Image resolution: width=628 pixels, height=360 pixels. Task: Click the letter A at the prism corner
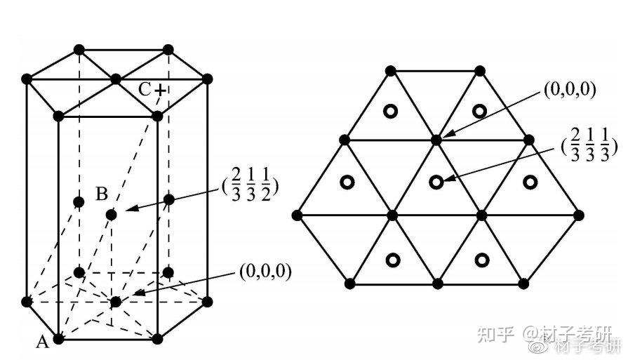42,342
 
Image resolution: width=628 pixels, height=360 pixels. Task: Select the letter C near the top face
145,89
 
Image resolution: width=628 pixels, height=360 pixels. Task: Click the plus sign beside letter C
161,90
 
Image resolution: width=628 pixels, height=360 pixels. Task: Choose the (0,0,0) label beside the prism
265,269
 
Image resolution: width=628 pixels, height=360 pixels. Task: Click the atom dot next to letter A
59,339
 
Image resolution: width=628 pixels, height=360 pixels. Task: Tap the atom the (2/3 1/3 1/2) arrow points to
111,213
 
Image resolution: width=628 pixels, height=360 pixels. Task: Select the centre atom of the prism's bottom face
115,302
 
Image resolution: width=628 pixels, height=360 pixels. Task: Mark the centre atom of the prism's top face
116,80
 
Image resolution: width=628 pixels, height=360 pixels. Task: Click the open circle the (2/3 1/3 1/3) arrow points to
436,182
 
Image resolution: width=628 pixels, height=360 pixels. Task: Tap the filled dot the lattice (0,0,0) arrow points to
436,140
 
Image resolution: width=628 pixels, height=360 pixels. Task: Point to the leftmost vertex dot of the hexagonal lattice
297,214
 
